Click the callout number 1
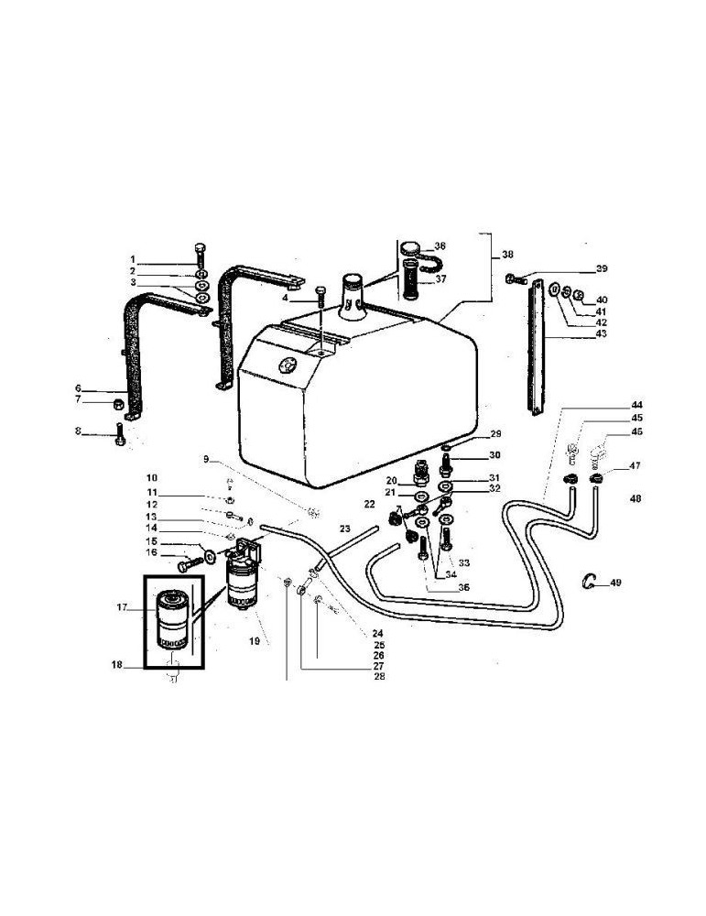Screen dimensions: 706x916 [x=132, y=259]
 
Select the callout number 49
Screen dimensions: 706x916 [x=615, y=582]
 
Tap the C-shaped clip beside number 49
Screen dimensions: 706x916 [x=591, y=580]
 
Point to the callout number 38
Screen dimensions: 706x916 [x=507, y=256]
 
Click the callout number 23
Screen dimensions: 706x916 [x=344, y=529]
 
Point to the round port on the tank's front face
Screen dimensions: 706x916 [x=289, y=366]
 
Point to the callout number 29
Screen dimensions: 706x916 [x=496, y=433]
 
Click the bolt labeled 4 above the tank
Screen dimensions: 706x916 [x=320, y=300]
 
